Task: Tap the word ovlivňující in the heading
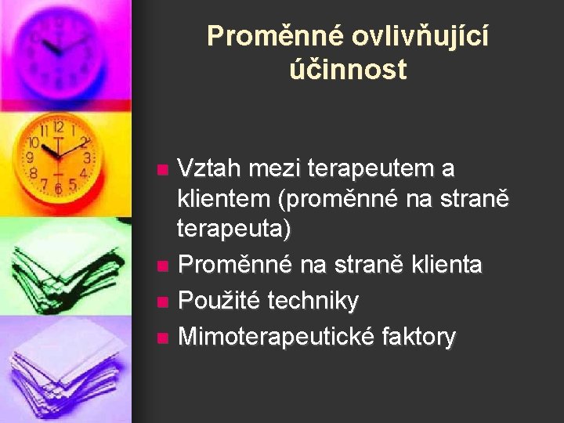click(419, 36)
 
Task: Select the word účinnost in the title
click(348, 70)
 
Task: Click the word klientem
click(223, 199)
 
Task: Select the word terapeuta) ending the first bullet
click(234, 230)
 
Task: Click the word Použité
click(219, 301)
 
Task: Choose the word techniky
click(313, 301)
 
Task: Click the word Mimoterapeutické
click(276, 337)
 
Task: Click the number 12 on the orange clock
click(58, 127)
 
